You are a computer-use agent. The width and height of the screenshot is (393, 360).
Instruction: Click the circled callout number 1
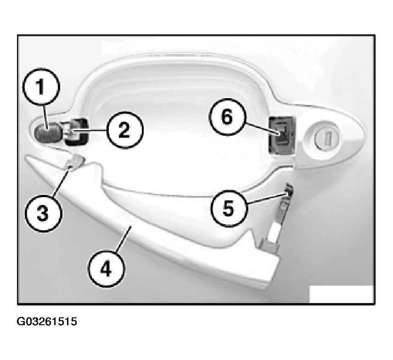point(41,86)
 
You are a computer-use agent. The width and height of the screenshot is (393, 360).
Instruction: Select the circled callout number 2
point(124,130)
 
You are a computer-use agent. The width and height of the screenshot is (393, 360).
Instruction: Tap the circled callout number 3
point(43,214)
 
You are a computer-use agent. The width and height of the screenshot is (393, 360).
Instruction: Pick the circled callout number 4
point(106,269)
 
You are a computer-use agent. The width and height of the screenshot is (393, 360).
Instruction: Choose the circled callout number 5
point(229,209)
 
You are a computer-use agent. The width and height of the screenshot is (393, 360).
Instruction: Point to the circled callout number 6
point(228,117)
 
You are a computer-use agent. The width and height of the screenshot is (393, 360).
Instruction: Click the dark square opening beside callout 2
point(76,132)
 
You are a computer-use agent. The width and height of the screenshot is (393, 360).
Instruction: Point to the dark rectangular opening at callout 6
point(281,135)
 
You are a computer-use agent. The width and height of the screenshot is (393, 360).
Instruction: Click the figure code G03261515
point(47,321)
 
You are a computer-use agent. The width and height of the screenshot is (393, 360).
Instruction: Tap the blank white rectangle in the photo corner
point(342,294)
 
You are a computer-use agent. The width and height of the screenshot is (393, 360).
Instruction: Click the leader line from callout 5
point(267,198)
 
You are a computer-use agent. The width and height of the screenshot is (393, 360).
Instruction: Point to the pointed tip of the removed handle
point(26,158)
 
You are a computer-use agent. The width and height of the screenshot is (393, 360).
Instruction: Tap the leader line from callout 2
point(89,130)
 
